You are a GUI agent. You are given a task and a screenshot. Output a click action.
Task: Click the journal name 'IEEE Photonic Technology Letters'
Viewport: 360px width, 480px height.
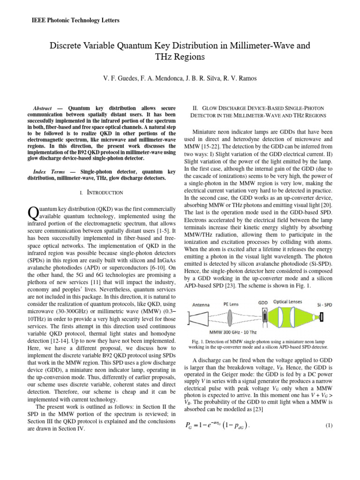click(x=75, y=21)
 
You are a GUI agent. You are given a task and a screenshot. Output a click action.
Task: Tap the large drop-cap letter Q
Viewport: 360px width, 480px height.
click(x=33, y=212)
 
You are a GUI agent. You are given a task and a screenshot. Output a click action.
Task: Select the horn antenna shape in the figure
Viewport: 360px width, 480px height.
click(x=199, y=319)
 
